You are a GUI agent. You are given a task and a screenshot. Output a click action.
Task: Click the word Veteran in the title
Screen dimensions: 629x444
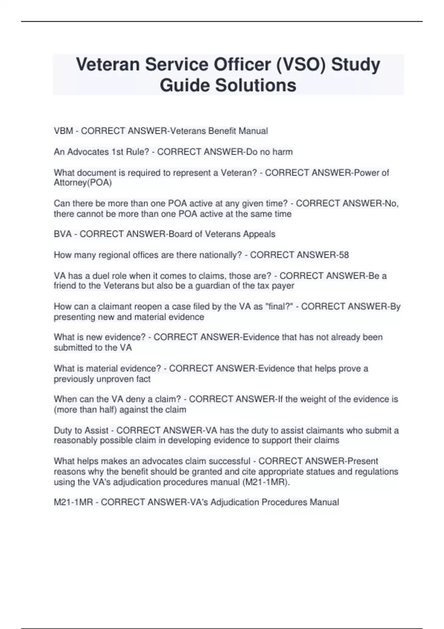tap(108, 64)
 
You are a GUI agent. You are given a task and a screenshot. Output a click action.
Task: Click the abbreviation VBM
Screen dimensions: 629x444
tap(63, 131)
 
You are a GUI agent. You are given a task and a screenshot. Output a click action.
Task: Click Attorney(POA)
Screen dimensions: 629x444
tap(83, 183)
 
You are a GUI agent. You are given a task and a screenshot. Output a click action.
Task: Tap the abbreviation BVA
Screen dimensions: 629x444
tap(63, 234)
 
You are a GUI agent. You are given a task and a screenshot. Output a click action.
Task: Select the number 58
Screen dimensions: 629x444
tap(343, 255)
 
